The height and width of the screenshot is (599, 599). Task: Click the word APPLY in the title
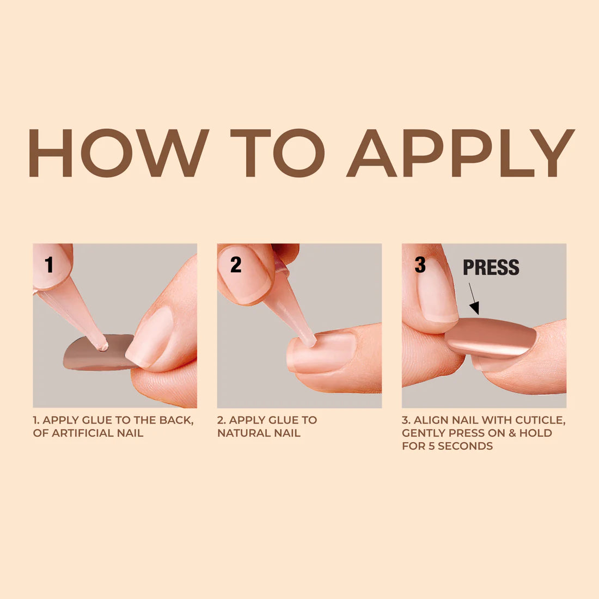click(x=460, y=153)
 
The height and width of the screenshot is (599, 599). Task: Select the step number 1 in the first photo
click(x=49, y=265)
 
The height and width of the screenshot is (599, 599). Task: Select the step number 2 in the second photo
click(x=236, y=265)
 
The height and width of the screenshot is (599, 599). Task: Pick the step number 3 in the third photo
click(x=420, y=265)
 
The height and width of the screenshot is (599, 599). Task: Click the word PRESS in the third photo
click(x=491, y=267)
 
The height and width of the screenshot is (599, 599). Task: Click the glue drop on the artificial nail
click(x=102, y=345)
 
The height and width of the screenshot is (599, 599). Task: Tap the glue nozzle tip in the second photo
click(x=309, y=341)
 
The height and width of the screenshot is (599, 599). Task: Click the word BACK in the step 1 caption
click(x=175, y=420)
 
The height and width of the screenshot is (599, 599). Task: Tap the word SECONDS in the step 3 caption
click(x=465, y=447)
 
